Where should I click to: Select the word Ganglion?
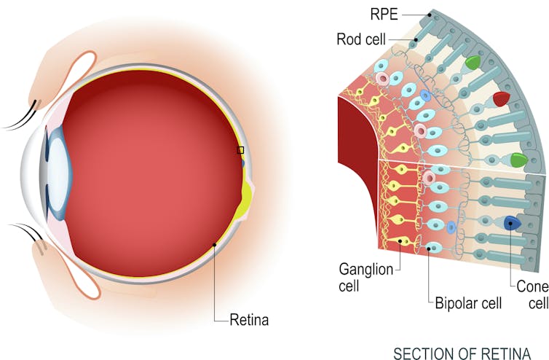(365, 269)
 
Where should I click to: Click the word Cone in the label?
(532, 288)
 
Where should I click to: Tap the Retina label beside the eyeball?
(250, 319)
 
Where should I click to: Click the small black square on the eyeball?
(240, 150)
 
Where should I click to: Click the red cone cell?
(501, 98)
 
